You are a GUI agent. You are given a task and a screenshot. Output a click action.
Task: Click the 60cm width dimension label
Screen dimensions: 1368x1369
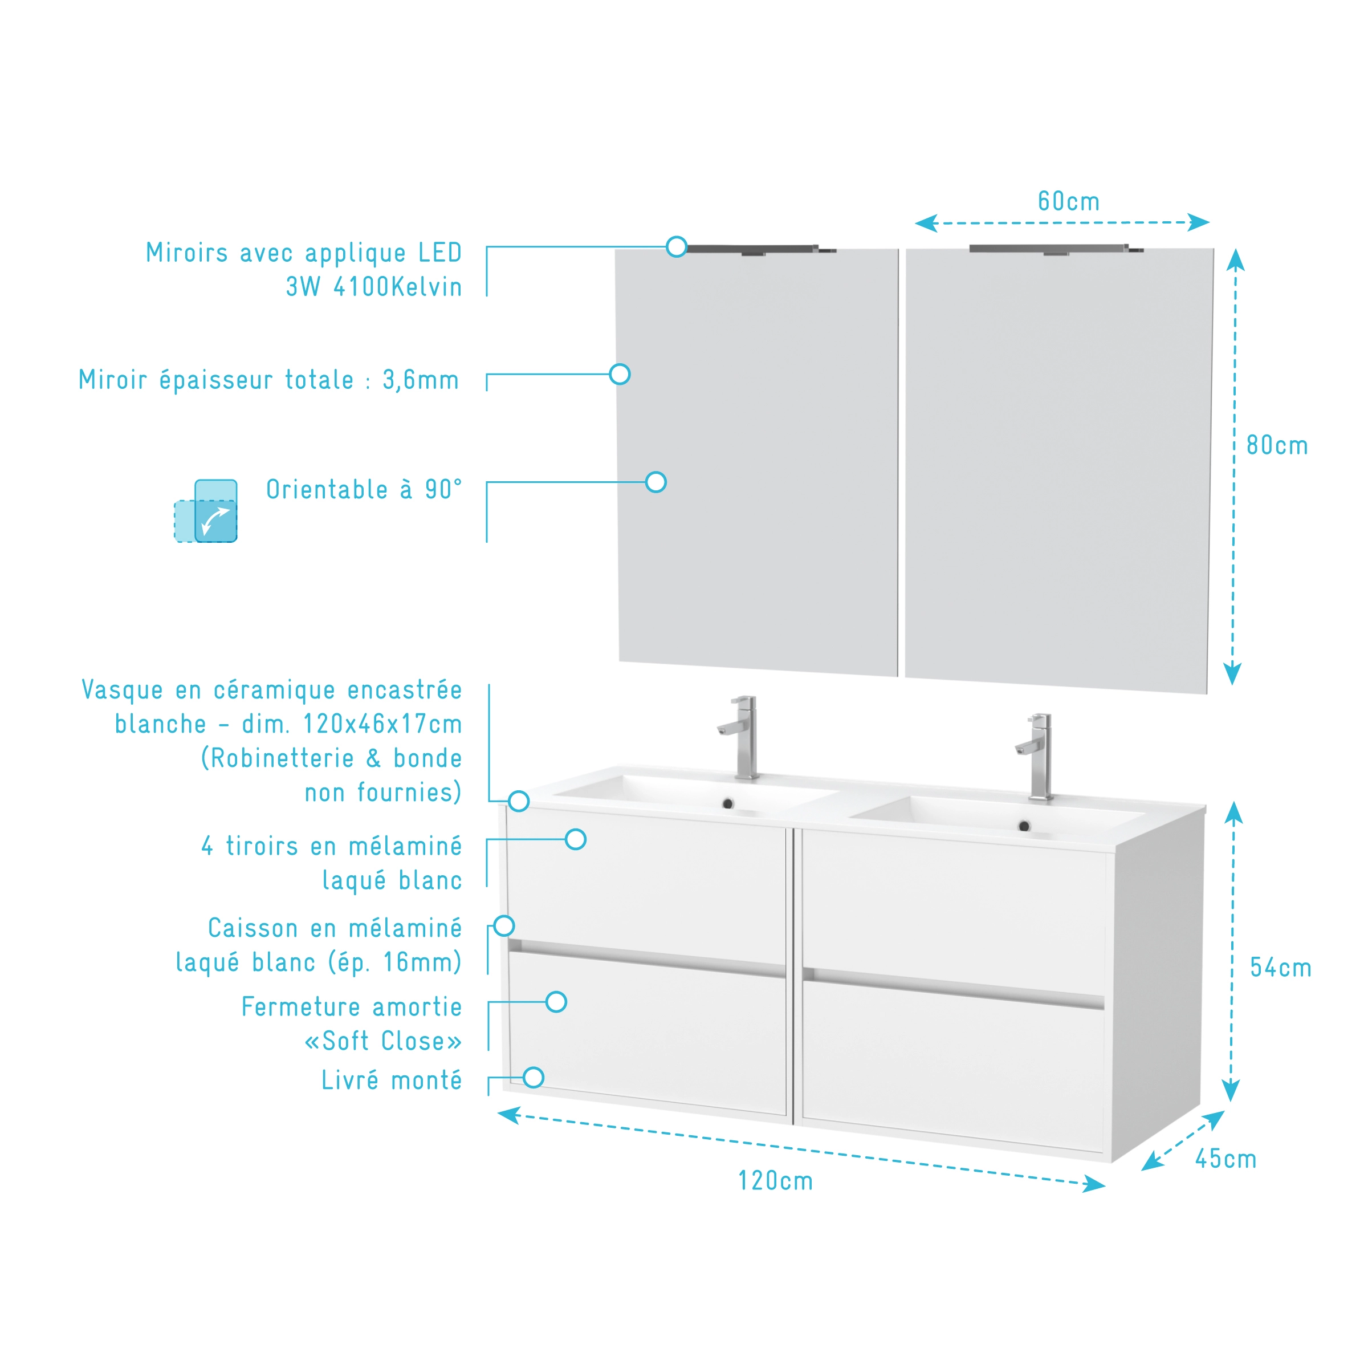coord(1068,201)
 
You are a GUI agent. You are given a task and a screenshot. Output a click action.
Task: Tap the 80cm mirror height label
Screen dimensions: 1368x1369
coord(1277,446)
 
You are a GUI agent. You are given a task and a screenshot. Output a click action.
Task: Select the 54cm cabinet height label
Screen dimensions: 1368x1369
coord(1280,968)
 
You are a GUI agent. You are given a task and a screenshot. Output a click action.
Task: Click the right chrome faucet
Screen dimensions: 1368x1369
coord(1036,756)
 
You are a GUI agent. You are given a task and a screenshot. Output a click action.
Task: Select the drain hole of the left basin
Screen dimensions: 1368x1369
coord(727,803)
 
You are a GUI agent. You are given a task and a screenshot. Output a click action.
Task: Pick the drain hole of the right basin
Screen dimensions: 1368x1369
coord(1024,826)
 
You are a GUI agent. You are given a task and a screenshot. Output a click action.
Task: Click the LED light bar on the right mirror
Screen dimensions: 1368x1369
coord(1056,249)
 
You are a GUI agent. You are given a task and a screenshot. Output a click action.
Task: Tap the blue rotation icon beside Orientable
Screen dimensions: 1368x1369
coord(205,511)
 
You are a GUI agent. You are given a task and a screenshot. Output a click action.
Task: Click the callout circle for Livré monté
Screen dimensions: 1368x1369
coord(534,1078)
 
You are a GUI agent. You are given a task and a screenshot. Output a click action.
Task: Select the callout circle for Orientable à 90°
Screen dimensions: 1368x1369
coord(656,482)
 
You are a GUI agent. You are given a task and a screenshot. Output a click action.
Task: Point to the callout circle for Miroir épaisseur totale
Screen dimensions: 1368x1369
coord(620,374)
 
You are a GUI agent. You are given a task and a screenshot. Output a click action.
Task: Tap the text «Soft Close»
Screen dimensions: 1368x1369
coord(383,1041)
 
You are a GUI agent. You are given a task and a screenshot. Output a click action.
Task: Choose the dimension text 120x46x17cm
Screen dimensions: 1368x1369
coord(382,724)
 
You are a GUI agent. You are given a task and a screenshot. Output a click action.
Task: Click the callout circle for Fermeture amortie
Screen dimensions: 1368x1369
coord(557,1002)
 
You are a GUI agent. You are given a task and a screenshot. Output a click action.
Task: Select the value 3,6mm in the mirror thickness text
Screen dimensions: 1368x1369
coord(421,380)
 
